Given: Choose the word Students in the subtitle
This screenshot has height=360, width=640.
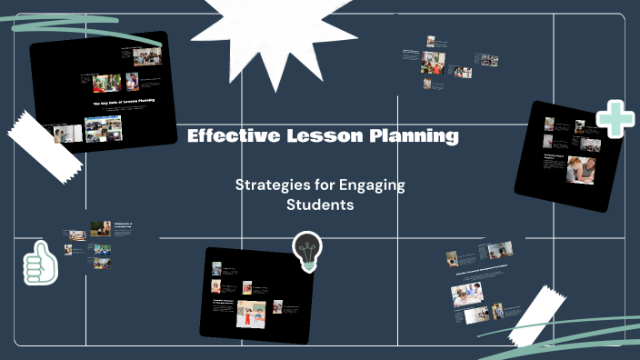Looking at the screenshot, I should coord(319,205).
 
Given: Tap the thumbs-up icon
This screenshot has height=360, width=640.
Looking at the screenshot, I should coord(40,264).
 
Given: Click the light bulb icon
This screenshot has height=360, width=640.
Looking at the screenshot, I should coord(306,251).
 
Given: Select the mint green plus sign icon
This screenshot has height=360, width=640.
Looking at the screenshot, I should coord(615,120).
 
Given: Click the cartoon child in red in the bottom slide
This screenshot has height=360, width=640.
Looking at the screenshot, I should coord(246,314).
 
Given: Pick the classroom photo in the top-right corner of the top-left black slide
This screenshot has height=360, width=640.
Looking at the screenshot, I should coord(147,56).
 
